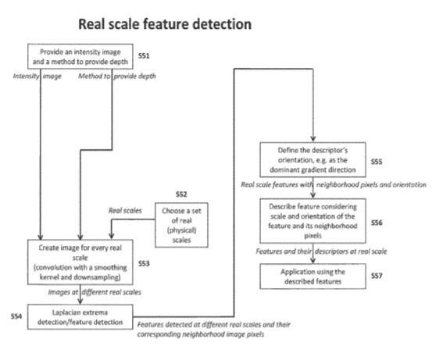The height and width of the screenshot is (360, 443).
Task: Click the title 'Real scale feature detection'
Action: (165, 24)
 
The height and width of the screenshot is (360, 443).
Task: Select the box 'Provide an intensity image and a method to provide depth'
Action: (80, 56)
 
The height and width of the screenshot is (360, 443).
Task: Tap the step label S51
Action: (144, 56)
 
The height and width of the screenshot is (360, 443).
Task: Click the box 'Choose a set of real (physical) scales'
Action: (181, 225)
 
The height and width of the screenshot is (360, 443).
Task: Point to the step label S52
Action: (181, 194)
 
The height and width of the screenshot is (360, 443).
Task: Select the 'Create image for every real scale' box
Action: (80, 262)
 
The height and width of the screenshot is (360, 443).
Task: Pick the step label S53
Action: (144, 263)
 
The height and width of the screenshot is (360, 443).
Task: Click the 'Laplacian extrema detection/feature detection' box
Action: (80, 317)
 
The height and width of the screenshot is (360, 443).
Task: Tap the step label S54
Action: (16, 316)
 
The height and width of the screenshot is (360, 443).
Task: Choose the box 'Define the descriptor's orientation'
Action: (313, 160)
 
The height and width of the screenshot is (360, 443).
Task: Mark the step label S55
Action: (377, 162)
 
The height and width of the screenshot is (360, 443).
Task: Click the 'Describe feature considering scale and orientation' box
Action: (313, 221)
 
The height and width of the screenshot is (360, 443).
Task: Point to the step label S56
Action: (377, 223)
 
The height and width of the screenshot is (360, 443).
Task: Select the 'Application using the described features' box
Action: (313, 276)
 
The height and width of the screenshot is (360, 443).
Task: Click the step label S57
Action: (377, 276)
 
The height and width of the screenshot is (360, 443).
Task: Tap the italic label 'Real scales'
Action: (125, 210)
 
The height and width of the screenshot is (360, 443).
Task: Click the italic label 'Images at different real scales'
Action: (95, 292)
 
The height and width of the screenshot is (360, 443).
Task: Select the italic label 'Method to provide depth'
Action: (117, 76)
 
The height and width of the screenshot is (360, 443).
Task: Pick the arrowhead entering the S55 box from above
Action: (313, 139)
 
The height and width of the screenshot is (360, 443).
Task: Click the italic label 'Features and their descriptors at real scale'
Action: (321, 251)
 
